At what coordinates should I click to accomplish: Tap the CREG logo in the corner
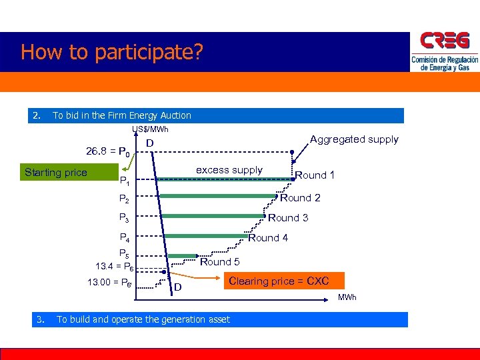(x=445, y=52)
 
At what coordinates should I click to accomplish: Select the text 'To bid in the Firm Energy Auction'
(x=121, y=115)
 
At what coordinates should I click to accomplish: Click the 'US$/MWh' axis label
(x=150, y=129)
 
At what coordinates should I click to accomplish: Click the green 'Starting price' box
(x=55, y=173)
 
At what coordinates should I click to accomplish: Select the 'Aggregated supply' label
(x=354, y=139)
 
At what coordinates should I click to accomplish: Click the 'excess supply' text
(x=229, y=170)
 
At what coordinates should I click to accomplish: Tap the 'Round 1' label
(x=315, y=175)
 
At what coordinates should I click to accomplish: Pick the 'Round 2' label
(x=300, y=197)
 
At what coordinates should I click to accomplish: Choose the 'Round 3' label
(x=288, y=217)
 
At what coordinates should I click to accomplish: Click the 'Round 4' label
(x=268, y=238)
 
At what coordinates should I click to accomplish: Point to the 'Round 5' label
(x=220, y=262)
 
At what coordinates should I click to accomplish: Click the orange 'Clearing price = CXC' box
(x=279, y=281)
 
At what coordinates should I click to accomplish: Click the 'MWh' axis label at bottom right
(x=347, y=297)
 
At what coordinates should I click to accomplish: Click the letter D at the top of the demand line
(x=150, y=144)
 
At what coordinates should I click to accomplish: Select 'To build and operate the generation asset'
(x=143, y=319)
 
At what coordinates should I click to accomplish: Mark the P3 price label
(x=124, y=217)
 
